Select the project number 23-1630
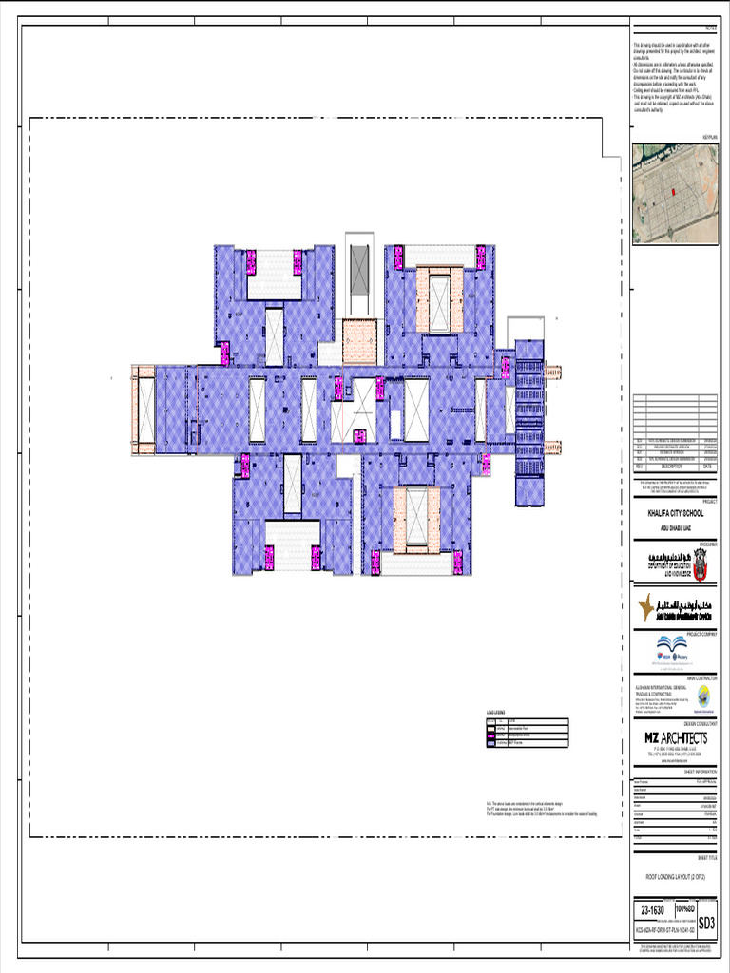(655, 910)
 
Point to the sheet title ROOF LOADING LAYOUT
(675, 876)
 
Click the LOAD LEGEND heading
(495, 712)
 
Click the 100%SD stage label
(683, 910)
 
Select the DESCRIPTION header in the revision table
(664, 467)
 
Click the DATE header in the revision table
(707, 467)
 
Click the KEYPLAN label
(708, 137)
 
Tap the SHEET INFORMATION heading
(701, 773)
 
